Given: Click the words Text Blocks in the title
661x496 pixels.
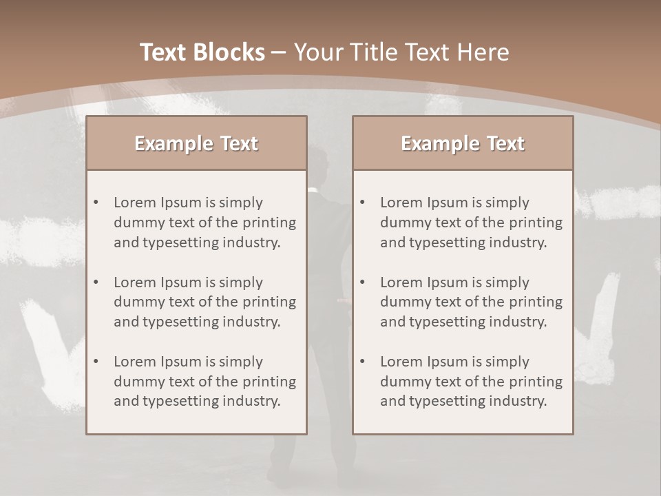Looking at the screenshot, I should (x=202, y=52).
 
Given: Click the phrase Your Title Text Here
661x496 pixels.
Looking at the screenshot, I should (x=401, y=52).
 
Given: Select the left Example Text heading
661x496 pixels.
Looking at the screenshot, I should (x=196, y=143).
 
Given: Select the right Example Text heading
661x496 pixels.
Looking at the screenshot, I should (x=463, y=143).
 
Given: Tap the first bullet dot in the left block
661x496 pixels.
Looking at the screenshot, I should (x=96, y=203).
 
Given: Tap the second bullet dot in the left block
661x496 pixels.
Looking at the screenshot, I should (x=96, y=282).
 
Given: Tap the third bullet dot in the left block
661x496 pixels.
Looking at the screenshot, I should (x=96, y=362).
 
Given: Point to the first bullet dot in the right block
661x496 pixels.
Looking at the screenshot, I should (x=362, y=203).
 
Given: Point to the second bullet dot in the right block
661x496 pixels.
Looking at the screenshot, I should (x=362, y=282).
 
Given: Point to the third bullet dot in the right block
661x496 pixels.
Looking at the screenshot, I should (x=362, y=362).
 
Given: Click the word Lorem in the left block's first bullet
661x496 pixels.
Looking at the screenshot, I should (x=135, y=203).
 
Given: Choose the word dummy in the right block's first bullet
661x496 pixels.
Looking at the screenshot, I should (x=403, y=223).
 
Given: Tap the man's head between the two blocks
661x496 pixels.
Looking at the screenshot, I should (x=318, y=158).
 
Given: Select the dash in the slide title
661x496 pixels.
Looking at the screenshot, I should (x=279, y=52).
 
